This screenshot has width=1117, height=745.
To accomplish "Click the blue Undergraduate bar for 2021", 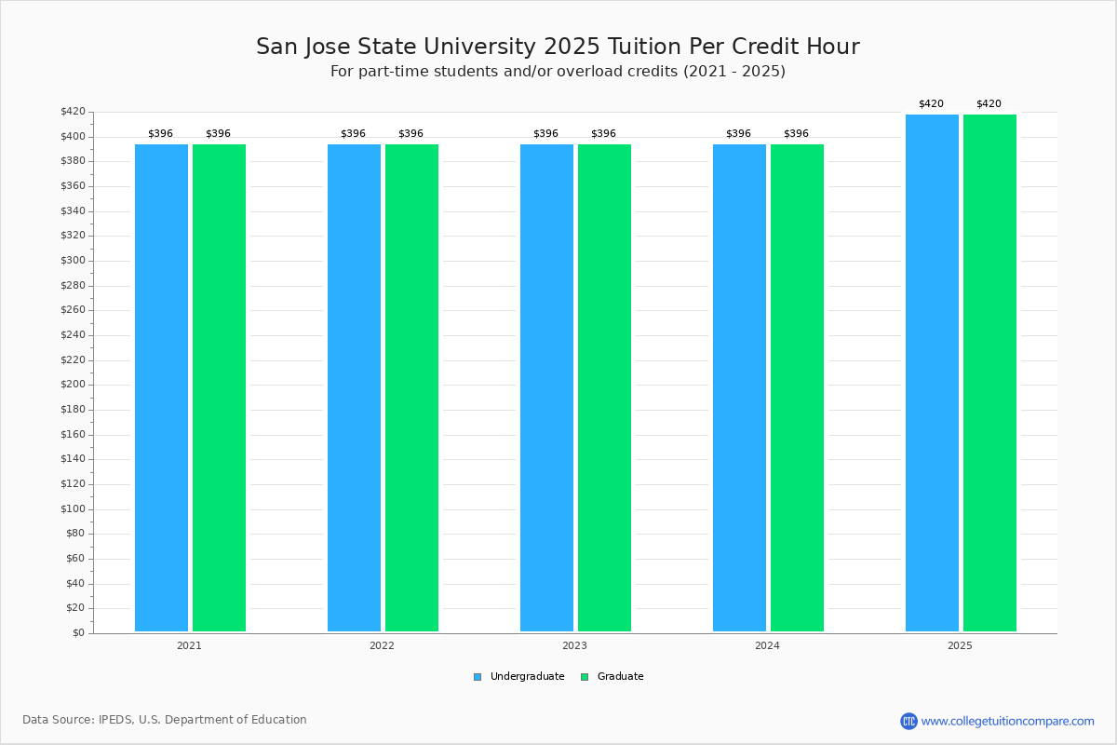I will coord(161,387).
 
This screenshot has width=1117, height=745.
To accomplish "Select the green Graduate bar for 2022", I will coord(411,387).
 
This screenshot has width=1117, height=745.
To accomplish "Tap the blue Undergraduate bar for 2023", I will coord(546,387).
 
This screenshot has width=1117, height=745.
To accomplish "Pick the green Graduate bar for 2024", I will coord(797,387).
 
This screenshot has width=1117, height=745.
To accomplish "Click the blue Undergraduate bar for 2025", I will coord(932,372).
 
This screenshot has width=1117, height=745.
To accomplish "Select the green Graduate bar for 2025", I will coord(989,372).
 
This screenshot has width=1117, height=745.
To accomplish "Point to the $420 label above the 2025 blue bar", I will coord(931,104).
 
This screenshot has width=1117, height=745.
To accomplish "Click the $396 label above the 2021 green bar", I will coord(218,134).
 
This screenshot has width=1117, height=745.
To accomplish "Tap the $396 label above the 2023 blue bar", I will coord(545,134).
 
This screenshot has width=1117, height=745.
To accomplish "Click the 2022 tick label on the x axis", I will coord(382,645).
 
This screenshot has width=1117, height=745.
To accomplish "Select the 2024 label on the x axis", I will coord(767,645).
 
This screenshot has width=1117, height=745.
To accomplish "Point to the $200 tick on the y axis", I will coord(72,385).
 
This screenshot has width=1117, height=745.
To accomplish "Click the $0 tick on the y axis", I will coord(77,633).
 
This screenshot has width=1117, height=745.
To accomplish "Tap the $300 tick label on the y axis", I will coord(72,261).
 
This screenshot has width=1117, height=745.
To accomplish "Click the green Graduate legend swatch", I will coord(585,677).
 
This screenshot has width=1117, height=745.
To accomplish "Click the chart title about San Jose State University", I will coord(558,47).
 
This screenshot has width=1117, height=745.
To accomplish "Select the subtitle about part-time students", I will coord(558,72).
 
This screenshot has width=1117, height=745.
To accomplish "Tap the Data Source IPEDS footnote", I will coord(165,720).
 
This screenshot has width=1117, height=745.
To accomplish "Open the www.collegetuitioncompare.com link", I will coord(1007,721).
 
